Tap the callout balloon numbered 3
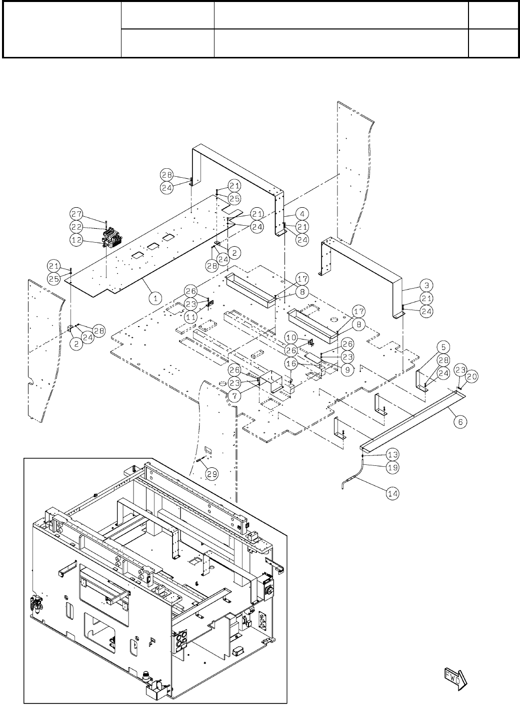point(426,285)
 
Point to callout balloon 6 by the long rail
point(460,421)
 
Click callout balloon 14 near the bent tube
point(393,493)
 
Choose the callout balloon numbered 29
point(212,474)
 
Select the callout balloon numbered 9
point(348,370)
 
